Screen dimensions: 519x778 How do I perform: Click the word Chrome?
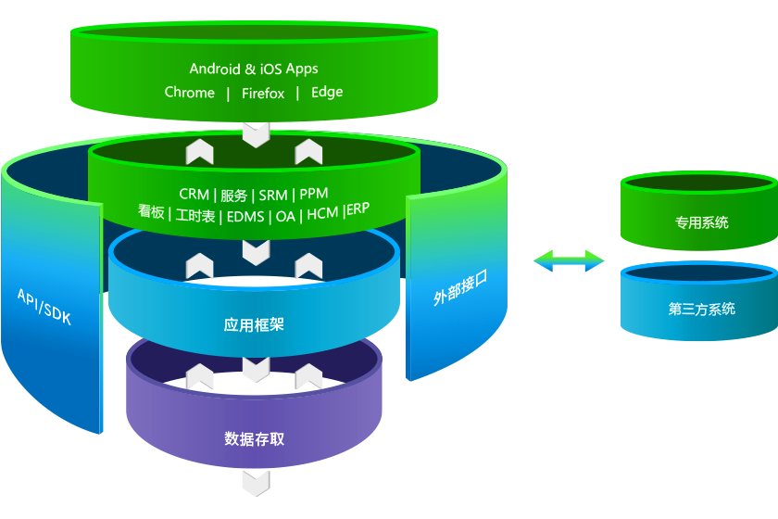click(x=190, y=93)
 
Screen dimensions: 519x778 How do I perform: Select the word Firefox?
click(x=263, y=93)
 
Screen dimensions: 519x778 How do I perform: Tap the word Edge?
click(x=327, y=92)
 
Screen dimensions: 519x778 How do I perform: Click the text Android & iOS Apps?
click(x=254, y=69)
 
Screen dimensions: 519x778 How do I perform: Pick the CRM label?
click(x=194, y=195)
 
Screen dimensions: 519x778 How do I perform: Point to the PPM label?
click(x=314, y=194)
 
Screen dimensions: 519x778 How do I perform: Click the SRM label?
click(x=273, y=195)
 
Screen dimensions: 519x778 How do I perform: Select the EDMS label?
click(x=245, y=216)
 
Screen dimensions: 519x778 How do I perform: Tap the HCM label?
click(x=322, y=214)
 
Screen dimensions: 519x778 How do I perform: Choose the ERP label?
click(x=358, y=209)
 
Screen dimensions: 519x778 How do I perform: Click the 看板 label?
click(x=151, y=212)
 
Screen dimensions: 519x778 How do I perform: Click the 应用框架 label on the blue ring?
click(x=254, y=325)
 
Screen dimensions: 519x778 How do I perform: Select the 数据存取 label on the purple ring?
click(x=254, y=438)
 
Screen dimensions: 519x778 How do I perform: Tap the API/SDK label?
click(x=44, y=307)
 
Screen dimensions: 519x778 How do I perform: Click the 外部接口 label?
click(x=459, y=288)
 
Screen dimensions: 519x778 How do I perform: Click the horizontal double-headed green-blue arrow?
click(x=569, y=261)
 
